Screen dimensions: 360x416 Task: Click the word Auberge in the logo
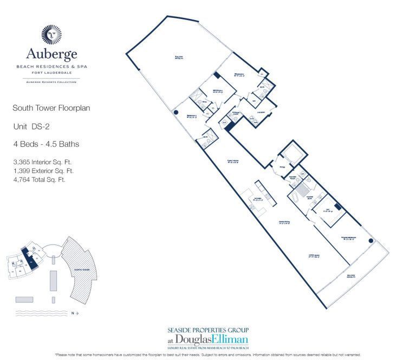pos(51,54)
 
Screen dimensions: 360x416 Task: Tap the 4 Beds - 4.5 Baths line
pos(46,144)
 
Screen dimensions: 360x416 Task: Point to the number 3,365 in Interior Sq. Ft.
pos(23,162)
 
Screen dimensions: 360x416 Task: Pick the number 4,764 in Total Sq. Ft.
pos(22,179)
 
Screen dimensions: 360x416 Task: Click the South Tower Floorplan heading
pos(51,108)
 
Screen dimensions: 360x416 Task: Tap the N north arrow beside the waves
pos(75,313)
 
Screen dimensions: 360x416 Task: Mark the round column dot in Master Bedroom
pos(371,241)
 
